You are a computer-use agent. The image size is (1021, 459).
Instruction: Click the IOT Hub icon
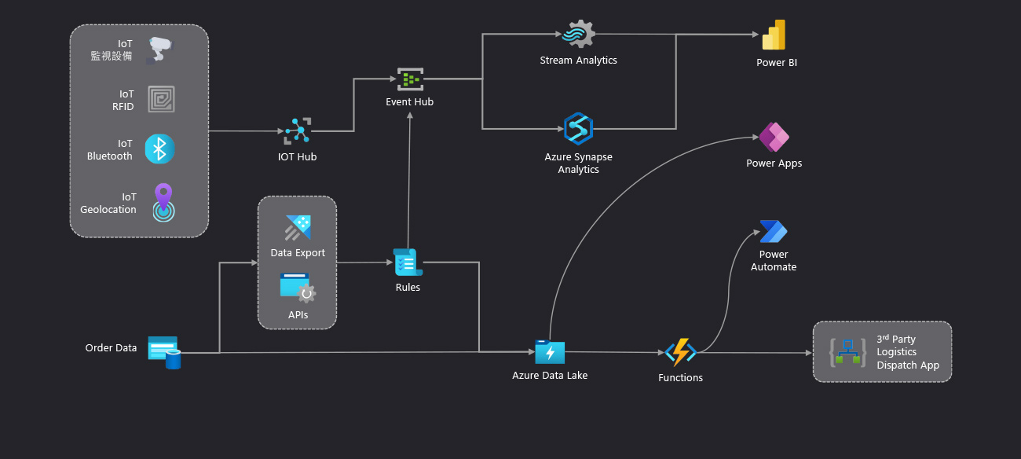298,131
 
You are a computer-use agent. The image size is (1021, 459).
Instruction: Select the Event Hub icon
409,79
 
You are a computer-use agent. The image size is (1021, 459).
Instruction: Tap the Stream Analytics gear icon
579,35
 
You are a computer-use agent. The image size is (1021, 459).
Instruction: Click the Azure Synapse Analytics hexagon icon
578,129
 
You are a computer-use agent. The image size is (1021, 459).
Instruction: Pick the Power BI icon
774,35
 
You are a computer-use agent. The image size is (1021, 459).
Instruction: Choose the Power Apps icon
774,138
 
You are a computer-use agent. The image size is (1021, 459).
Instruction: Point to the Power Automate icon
774,232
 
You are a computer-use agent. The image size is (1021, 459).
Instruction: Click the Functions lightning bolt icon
680,353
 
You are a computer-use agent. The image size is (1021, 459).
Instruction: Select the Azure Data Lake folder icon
550,352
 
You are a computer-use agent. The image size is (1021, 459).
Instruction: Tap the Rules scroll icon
408,263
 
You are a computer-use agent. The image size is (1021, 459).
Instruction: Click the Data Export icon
298,228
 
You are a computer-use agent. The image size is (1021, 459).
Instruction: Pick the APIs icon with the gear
298,288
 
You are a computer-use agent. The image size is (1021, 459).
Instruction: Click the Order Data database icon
164,352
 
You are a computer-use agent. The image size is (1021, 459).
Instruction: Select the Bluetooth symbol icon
159,149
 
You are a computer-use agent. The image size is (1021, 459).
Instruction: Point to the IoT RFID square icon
161,100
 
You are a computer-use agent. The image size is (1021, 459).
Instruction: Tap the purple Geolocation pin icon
163,202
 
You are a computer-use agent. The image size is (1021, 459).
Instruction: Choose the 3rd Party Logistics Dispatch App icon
847,352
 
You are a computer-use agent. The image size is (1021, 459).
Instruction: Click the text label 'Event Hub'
409,102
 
